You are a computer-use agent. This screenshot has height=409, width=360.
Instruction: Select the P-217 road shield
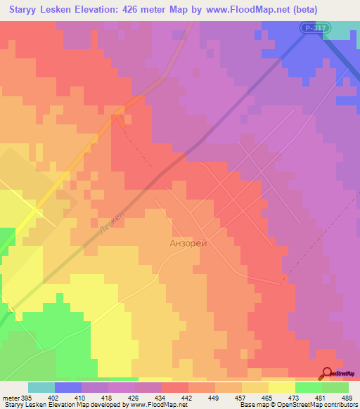315,27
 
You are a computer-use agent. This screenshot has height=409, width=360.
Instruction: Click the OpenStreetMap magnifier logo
327,374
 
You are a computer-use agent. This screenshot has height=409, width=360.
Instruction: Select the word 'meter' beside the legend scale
10,397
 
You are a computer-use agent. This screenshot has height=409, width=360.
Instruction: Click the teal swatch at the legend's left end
41,387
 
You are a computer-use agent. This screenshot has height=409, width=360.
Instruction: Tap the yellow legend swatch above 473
281,387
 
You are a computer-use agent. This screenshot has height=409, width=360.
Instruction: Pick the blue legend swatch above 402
68,387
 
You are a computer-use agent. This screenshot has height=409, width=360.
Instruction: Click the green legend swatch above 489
335,387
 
